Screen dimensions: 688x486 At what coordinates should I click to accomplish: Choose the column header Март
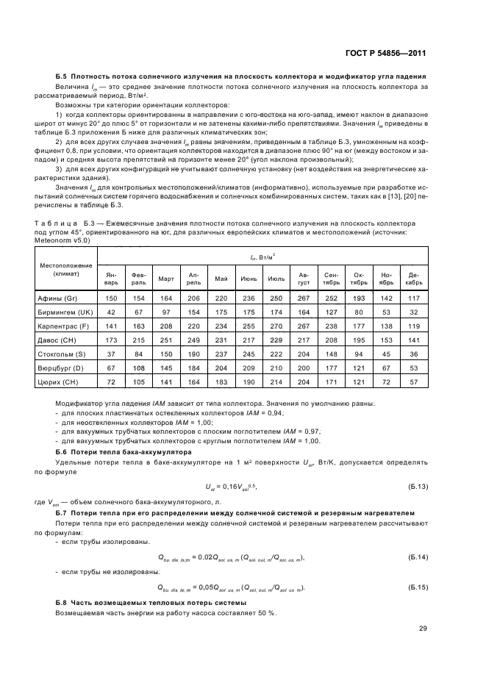click(x=166, y=278)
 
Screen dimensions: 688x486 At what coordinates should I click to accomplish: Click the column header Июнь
click(x=248, y=278)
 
